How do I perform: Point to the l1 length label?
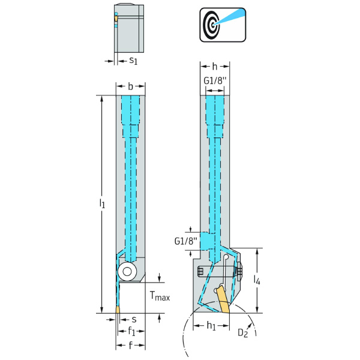coord(103,205)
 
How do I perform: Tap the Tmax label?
coord(160,297)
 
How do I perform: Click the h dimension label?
coord(215,66)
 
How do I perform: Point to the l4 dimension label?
coord(258,280)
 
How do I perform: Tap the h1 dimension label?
coord(211,326)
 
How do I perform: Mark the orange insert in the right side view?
coord(223,299)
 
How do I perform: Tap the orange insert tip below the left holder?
coord(118,310)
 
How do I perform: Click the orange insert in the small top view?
coord(116,19)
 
